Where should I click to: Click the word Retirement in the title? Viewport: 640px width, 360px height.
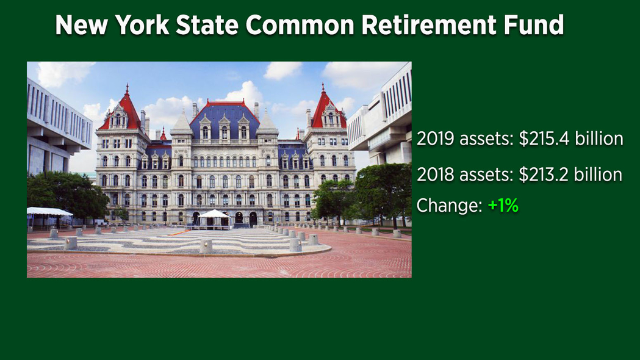tap(429, 25)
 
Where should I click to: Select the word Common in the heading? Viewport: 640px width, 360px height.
tap(300, 25)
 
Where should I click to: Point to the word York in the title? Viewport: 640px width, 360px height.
tap(142, 25)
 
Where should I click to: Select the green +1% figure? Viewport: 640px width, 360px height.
tap(503, 205)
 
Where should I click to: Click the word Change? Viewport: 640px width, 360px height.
tap(450, 205)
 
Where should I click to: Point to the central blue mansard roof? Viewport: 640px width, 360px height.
tap(225, 118)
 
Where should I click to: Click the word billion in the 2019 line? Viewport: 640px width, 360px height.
tap(599, 139)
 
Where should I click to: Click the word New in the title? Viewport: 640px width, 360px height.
tap(82, 25)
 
